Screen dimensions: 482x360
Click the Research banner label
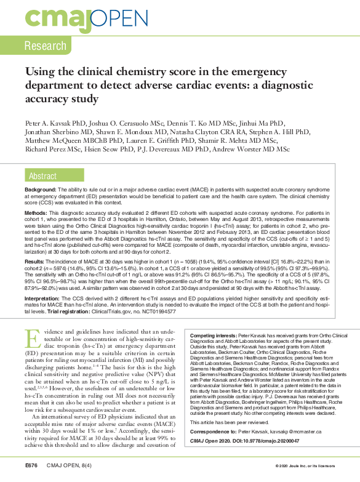tap(46, 46)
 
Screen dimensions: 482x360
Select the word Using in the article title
tap(41, 73)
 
